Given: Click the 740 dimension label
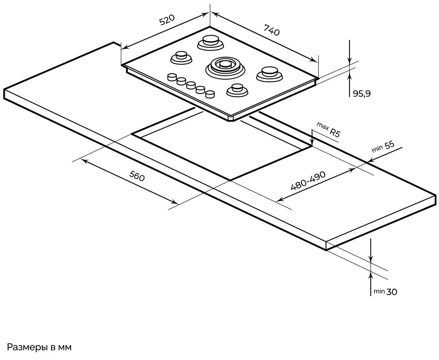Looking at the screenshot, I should coord(271,30).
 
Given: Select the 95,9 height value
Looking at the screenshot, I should coord(362,94).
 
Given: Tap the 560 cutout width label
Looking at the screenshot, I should coord(137,176).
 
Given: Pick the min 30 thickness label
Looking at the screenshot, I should coord(385,292).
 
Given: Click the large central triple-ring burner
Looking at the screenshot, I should coord(225,65).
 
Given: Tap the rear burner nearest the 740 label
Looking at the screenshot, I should coord(210,42).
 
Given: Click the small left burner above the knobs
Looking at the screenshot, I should coord(181,57).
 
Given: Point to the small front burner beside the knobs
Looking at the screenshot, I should coord(237,89).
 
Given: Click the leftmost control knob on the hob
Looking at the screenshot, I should coord(172,77).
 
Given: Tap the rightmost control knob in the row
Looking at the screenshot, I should coord(210,94).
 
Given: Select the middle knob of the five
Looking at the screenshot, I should coord(191,86).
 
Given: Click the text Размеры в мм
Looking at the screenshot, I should coord(39,348).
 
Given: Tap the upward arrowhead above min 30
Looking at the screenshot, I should coord(371,274).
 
